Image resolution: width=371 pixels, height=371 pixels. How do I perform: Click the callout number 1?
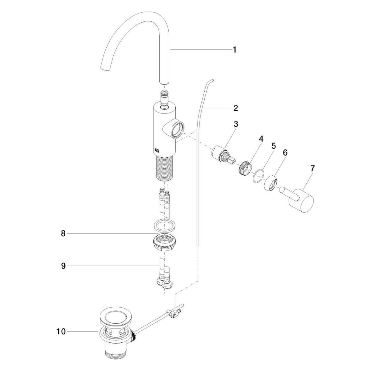(234, 50)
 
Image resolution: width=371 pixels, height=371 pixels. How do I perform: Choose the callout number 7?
(312, 169)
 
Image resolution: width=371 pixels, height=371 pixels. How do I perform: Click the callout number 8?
(63, 234)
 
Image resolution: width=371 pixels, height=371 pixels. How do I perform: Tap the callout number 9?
(63, 266)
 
